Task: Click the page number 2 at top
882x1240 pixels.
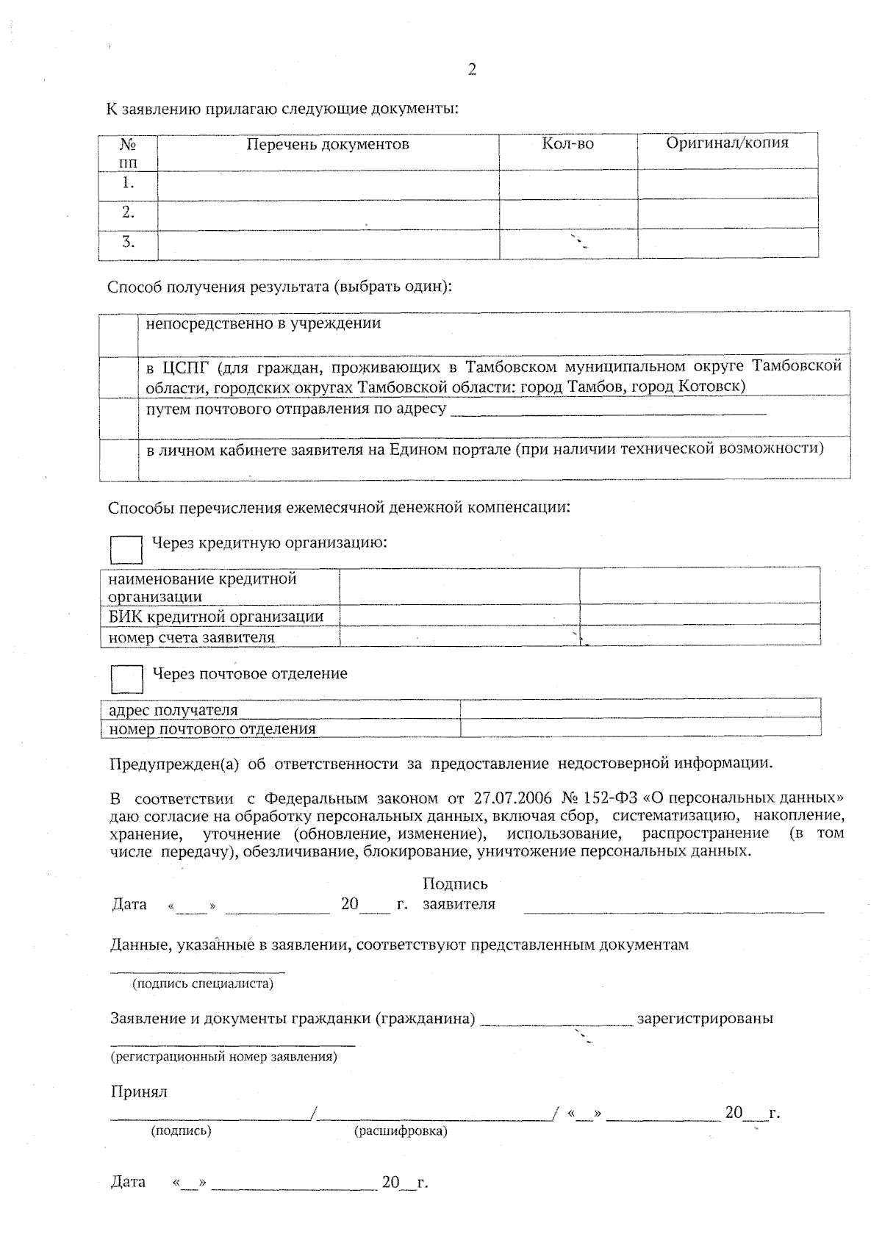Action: pyautogui.click(x=472, y=70)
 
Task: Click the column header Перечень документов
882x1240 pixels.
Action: pyautogui.click(x=327, y=144)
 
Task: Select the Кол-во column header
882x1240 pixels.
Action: pyautogui.click(x=567, y=144)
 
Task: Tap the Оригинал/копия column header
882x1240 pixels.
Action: pyautogui.click(x=727, y=143)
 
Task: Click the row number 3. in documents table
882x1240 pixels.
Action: pyautogui.click(x=128, y=242)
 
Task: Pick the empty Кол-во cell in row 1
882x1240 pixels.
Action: pyautogui.click(x=567, y=183)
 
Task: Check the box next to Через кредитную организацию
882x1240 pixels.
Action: pyautogui.click(x=126, y=549)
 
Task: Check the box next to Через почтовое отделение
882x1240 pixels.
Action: pyautogui.click(x=126, y=679)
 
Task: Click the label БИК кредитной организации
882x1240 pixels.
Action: pyautogui.click(x=216, y=616)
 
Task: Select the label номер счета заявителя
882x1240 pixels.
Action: pyautogui.click(x=191, y=637)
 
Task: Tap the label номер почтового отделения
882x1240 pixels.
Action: pyautogui.click(x=212, y=728)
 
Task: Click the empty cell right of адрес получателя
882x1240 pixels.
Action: pyautogui.click(x=639, y=709)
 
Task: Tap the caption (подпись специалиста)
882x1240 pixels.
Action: pyautogui.click(x=202, y=983)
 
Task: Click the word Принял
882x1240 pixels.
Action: pyautogui.click(x=139, y=1092)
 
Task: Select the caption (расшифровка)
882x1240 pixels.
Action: pyautogui.click(x=401, y=1131)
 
